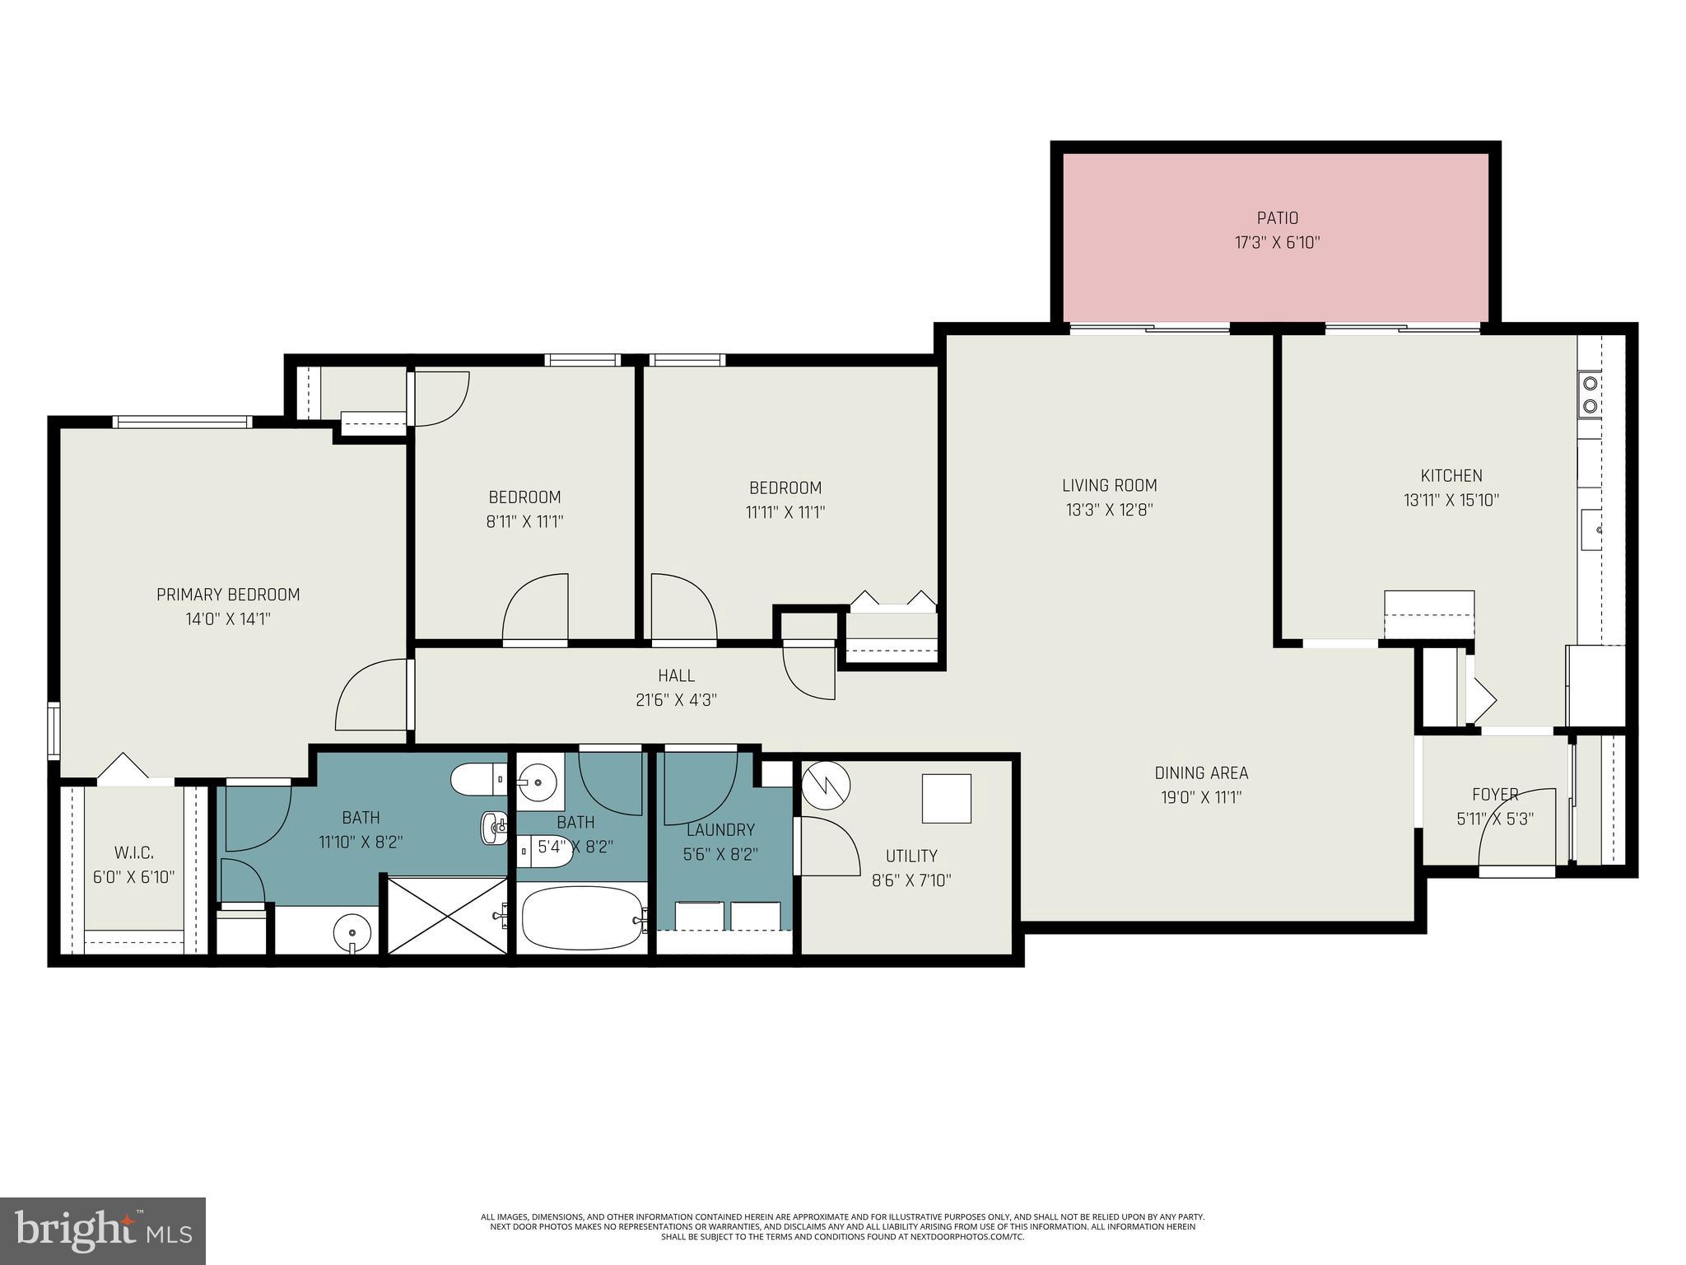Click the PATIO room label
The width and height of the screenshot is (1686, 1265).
pyautogui.click(x=1277, y=218)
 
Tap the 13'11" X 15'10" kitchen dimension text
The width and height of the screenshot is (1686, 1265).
pyautogui.click(x=1451, y=500)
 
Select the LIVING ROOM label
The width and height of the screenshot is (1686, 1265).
pyautogui.click(x=1109, y=486)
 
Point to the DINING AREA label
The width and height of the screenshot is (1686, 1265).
pyautogui.click(x=1201, y=773)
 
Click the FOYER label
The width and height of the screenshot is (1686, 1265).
pyautogui.click(x=1494, y=795)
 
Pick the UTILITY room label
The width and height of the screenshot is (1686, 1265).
pyautogui.click(x=911, y=856)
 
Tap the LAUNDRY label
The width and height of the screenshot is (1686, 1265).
pyautogui.click(x=720, y=830)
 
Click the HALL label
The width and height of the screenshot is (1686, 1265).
pyautogui.click(x=676, y=676)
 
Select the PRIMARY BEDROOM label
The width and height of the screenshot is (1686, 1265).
pyautogui.click(x=228, y=595)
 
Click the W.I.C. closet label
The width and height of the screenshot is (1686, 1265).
pyautogui.click(x=133, y=852)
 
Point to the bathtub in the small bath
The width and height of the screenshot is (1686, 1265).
pyautogui.click(x=582, y=918)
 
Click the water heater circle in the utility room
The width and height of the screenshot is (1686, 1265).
pyautogui.click(x=827, y=786)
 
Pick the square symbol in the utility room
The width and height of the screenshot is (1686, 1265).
pyautogui.click(x=946, y=798)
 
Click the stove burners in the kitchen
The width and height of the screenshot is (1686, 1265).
pyautogui.click(x=1589, y=394)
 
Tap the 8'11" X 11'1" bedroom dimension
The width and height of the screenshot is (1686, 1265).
pyautogui.click(x=524, y=521)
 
